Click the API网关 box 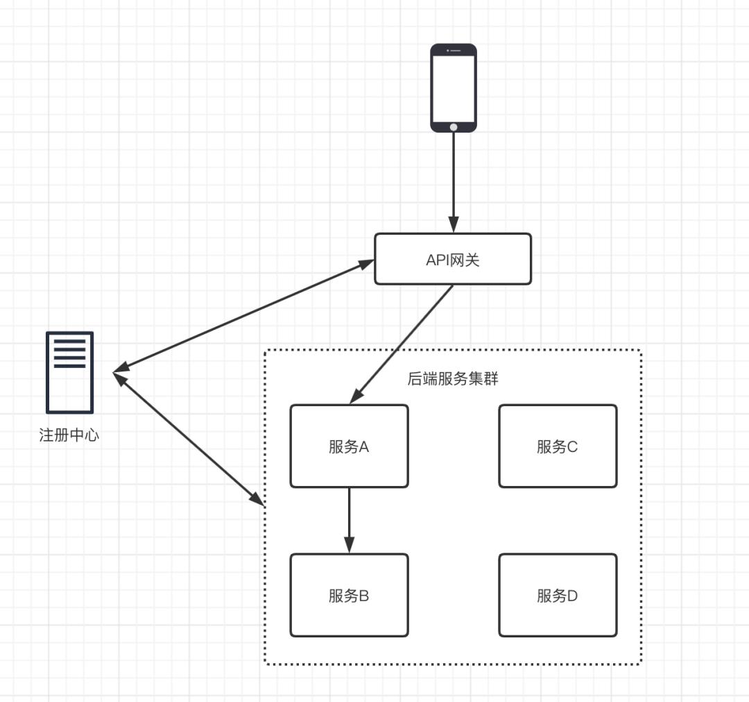click(453, 259)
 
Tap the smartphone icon click(454, 88)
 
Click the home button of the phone click(454, 127)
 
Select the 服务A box click(349, 446)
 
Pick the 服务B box click(349, 595)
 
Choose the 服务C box click(558, 446)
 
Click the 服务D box click(558, 595)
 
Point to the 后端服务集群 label click(453, 379)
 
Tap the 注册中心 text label click(69, 436)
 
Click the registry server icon click(69, 372)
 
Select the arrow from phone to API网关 click(454, 181)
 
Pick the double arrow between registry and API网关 click(243, 315)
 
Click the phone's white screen click(454, 87)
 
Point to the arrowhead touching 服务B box click(349, 545)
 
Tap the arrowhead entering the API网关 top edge click(454, 225)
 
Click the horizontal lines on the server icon click(69, 353)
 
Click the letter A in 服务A click(363, 447)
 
